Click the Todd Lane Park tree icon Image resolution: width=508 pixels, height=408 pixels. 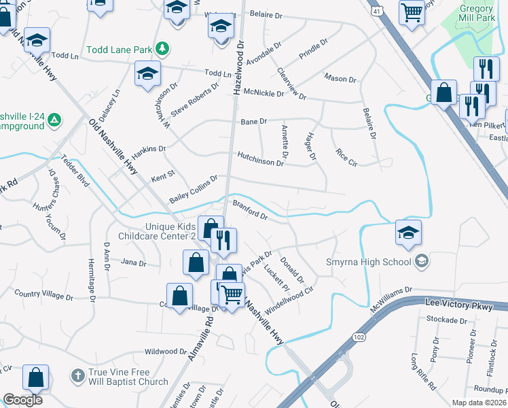(x=162, y=49)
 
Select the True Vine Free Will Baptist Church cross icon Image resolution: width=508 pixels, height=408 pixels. (x=78, y=375)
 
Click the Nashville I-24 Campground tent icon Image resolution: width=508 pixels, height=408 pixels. (x=55, y=121)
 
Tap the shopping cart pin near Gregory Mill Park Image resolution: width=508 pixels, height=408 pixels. (x=412, y=12)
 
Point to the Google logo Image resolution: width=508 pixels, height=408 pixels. (x=22, y=400)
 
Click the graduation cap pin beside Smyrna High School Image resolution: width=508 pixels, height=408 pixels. (x=407, y=233)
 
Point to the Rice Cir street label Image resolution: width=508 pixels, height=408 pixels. (x=346, y=158)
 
